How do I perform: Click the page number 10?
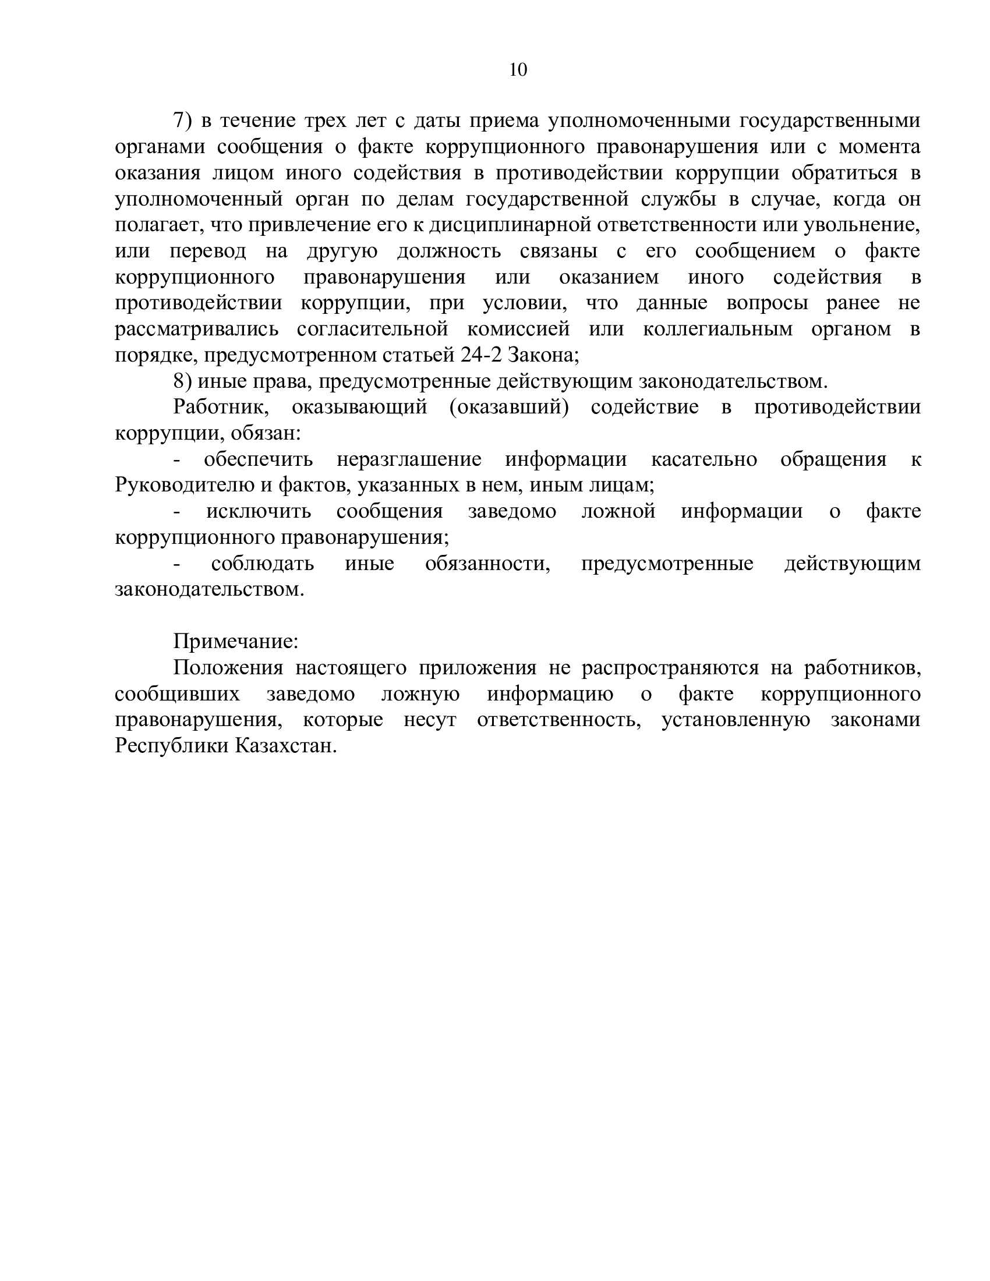tap(518, 70)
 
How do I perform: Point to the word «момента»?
tap(879, 147)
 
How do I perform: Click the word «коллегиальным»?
tap(717, 330)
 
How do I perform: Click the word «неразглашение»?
tap(409, 460)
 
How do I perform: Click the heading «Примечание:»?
tap(236, 642)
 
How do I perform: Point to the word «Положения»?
tap(228, 668)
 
